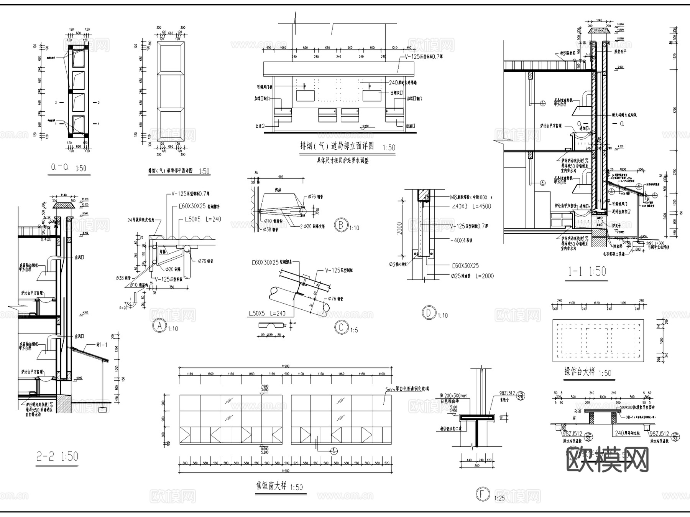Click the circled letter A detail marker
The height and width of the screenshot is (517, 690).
click(159, 326)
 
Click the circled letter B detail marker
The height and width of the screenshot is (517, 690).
click(340, 225)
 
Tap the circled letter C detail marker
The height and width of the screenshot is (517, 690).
click(341, 327)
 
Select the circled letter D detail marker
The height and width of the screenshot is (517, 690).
click(429, 313)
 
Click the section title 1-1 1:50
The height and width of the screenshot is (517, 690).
click(587, 272)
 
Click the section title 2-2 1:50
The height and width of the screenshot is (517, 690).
click(57, 456)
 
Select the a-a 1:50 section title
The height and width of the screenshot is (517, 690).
click(69, 168)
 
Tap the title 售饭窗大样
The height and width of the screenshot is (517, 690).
click(271, 486)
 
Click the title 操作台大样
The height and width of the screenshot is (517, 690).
click(579, 372)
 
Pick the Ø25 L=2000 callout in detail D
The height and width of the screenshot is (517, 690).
click(472, 276)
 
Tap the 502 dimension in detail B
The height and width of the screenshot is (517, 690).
click(281, 177)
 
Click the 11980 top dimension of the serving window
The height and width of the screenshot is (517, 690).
click(286, 366)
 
